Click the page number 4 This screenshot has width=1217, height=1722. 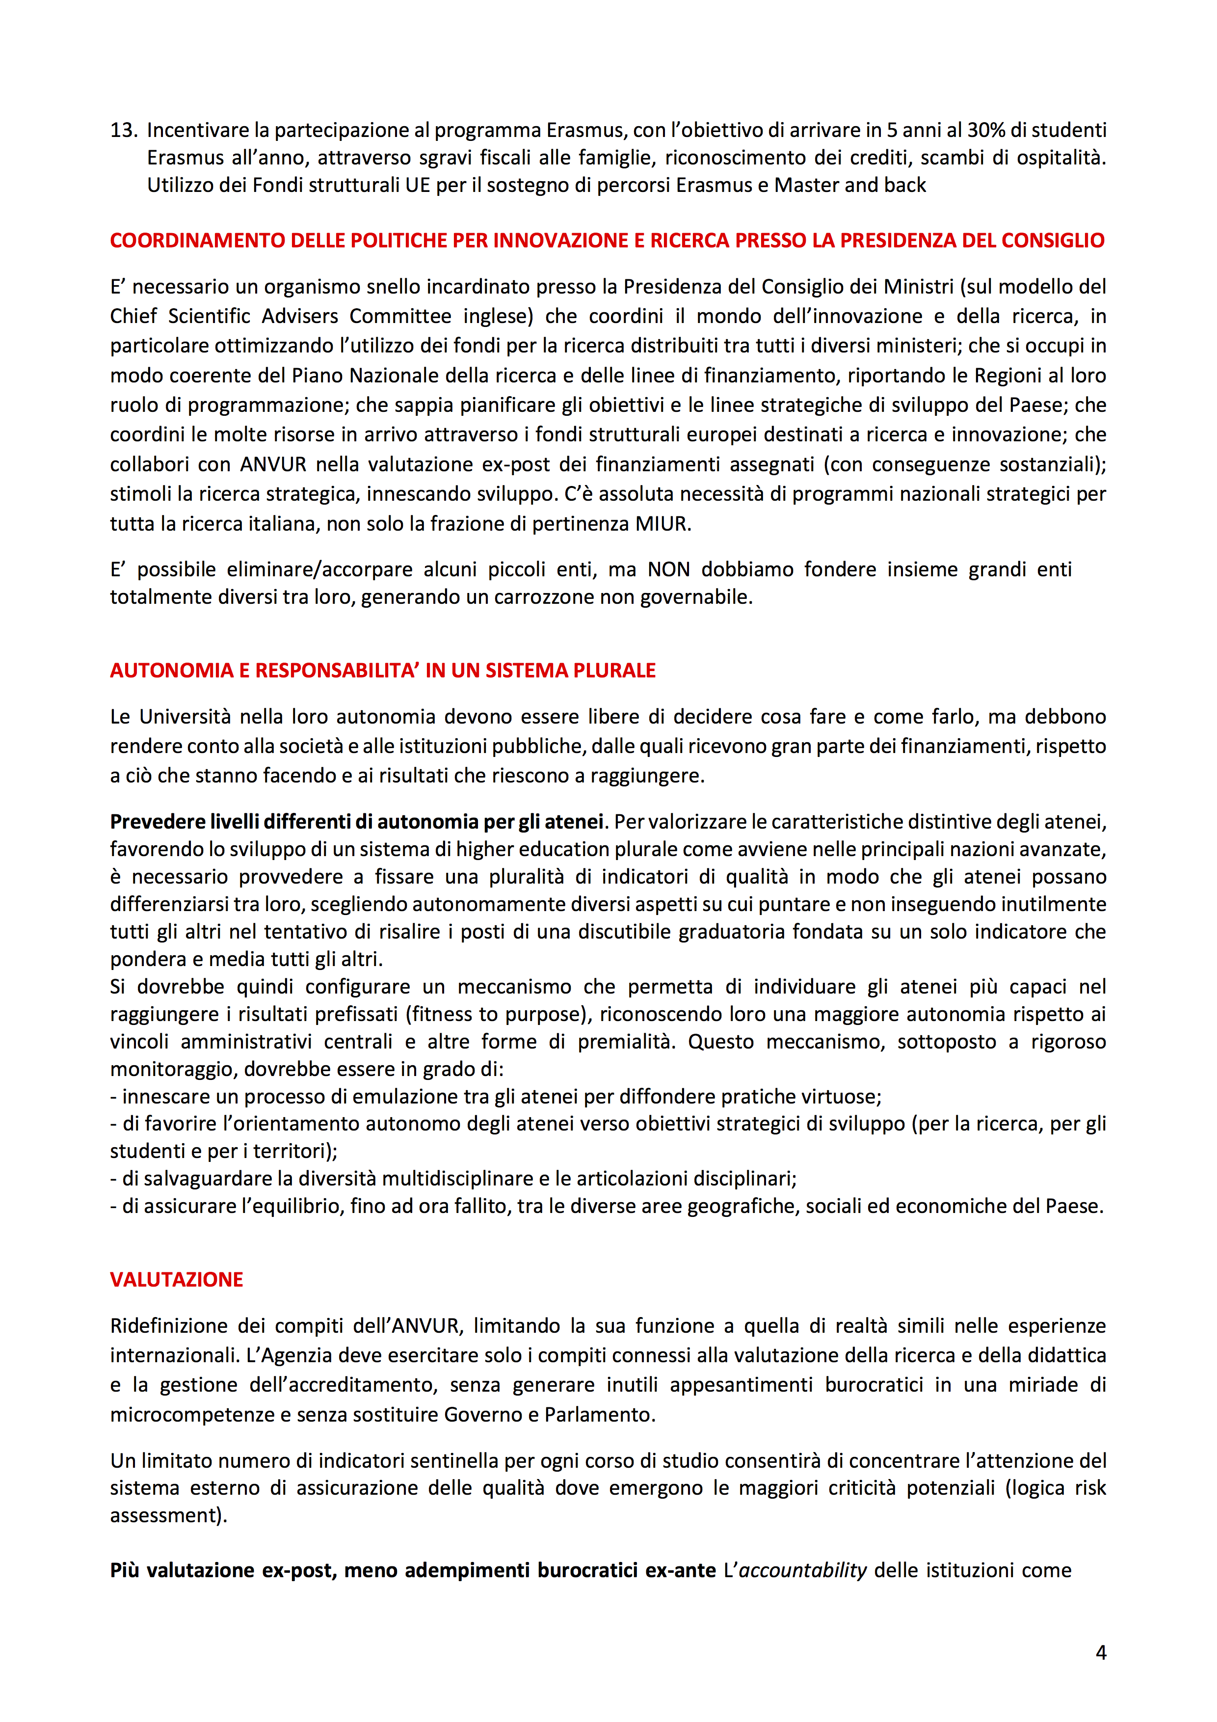(1101, 1652)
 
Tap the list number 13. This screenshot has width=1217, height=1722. (123, 131)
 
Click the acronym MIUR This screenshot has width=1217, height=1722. (661, 523)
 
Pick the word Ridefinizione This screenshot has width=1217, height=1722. (169, 1326)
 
